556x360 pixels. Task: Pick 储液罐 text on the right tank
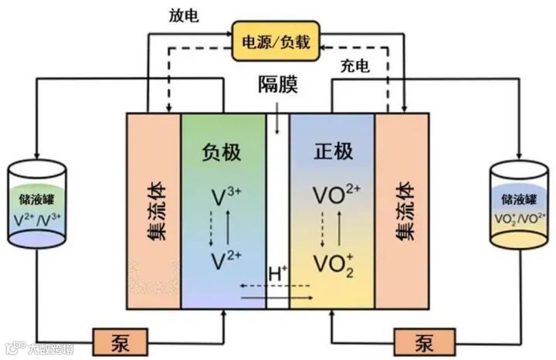pyautogui.click(x=518, y=200)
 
